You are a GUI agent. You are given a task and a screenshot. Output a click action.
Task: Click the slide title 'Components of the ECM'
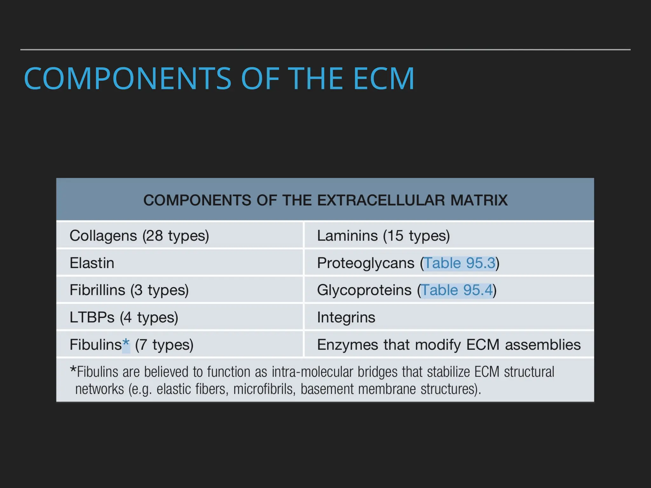point(219,78)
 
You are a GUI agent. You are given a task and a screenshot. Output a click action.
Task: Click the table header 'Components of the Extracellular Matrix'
point(325,200)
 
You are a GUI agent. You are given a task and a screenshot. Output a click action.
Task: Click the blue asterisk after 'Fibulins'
point(126,344)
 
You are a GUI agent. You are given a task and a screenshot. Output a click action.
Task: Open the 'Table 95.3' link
point(460,263)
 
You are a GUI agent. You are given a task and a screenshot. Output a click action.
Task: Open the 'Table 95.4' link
point(457,290)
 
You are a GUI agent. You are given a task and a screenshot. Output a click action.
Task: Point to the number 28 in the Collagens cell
point(154,236)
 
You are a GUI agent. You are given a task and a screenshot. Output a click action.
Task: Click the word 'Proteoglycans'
point(366,263)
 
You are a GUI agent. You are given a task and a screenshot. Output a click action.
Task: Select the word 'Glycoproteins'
point(364,290)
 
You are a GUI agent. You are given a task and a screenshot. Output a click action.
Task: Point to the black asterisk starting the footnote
point(73,370)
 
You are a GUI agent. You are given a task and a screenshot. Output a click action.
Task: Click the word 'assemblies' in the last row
point(543,345)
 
